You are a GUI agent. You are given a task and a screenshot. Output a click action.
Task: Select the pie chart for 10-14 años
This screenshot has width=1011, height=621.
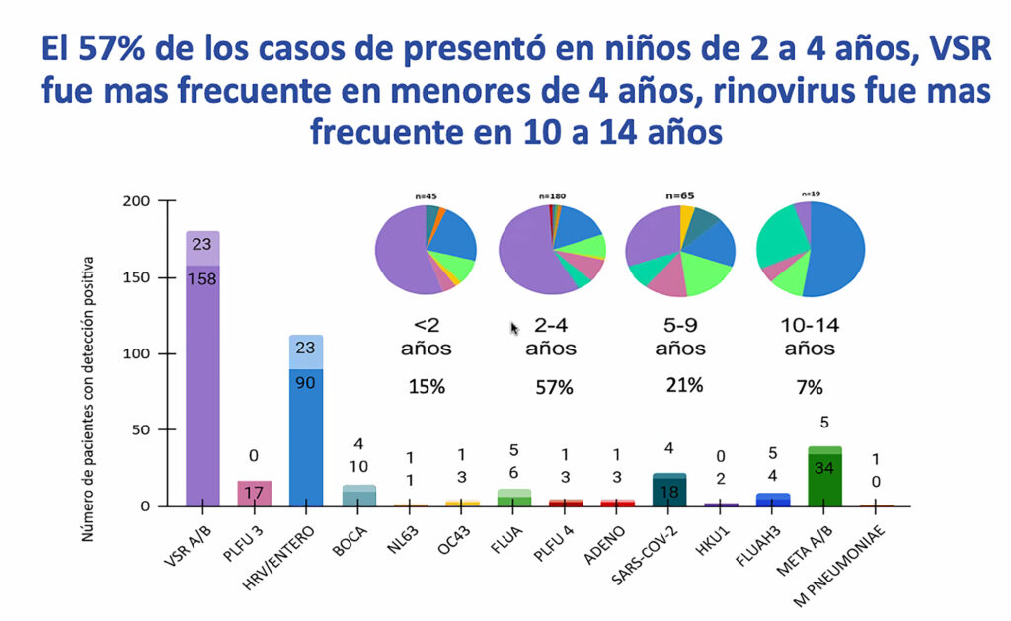pos(810,249)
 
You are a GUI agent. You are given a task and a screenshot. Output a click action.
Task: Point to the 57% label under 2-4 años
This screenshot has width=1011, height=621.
pos(553,387)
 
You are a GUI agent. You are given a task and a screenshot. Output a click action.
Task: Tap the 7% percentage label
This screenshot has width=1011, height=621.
pos(809,387)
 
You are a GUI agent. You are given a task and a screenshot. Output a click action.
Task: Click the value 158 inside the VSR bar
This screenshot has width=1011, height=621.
pos(202,278)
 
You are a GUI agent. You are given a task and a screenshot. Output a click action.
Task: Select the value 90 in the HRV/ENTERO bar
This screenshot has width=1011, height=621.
pos(306,381)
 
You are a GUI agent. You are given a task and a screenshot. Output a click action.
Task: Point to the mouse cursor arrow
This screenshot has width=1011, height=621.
pos(514,327)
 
